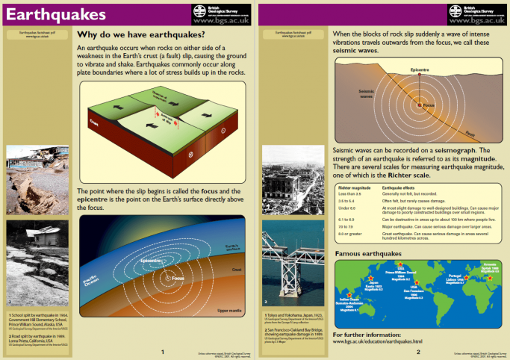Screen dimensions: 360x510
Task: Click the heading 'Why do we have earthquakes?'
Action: click(x=141, y=34)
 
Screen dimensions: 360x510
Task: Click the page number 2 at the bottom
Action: click(x=418, y=351)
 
